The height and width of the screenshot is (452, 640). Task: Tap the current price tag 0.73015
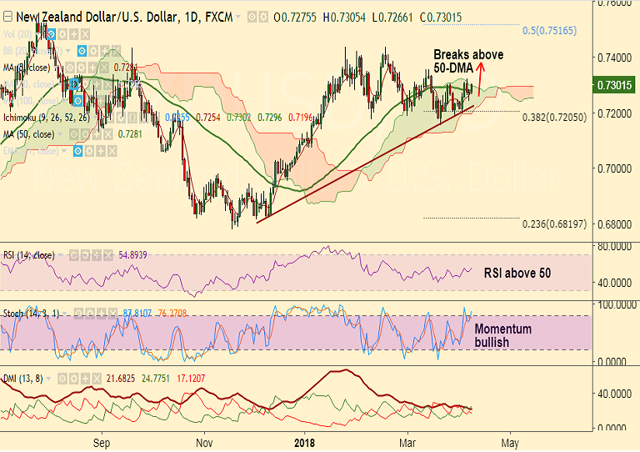click(614, 85)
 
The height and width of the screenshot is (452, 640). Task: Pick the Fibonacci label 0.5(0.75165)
click(555, 31)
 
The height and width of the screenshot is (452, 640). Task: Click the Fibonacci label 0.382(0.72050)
click(555, 118)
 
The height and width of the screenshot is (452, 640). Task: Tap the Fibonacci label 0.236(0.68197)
click(555, 224)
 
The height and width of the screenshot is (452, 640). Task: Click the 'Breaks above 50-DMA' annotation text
click(468, 61)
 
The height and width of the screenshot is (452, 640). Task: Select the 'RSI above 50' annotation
click(517, 273)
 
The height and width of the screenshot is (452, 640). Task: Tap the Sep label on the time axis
click(102, 442)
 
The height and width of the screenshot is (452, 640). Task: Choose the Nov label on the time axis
click(202, 442)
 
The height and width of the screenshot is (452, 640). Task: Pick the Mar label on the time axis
click(407, 442)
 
